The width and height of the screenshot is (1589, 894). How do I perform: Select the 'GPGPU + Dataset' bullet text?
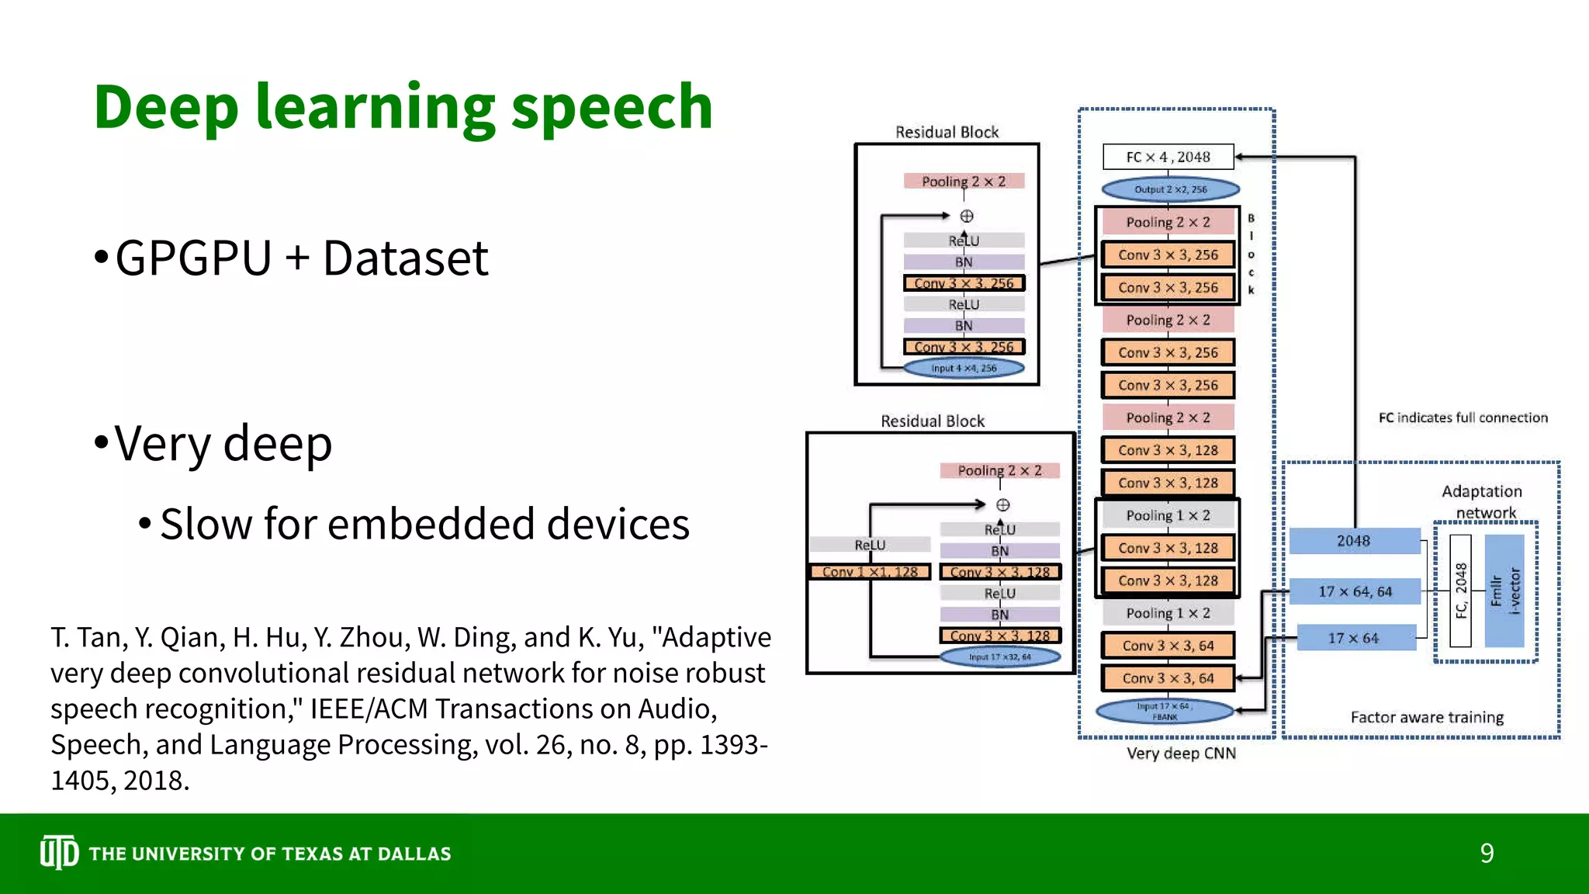301,258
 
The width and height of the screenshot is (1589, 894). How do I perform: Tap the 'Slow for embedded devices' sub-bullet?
424,524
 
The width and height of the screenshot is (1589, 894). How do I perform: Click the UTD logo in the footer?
59,853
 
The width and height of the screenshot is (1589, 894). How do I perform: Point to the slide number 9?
1487,854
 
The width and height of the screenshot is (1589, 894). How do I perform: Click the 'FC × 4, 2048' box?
1168,157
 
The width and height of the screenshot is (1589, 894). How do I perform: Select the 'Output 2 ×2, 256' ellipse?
1170,189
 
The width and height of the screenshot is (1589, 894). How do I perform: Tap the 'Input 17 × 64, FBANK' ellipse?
1164,712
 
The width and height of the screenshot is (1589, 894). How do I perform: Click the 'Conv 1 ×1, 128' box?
869,572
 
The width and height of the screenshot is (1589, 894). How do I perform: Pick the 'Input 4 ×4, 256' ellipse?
964,368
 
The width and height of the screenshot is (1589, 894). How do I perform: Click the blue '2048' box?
1354,541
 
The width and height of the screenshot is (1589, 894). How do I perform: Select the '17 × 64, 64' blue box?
1355,591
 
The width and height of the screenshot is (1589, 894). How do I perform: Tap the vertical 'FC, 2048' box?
1460,591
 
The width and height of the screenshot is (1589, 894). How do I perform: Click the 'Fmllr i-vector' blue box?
1504,591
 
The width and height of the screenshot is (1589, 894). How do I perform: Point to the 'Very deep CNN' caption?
1181,753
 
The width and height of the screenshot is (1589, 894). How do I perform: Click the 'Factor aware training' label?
1427,717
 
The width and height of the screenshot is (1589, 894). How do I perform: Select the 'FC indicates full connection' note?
1463,418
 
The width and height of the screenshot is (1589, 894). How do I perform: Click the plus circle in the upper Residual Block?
967,217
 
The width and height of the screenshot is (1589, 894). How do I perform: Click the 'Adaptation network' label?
1482,501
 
